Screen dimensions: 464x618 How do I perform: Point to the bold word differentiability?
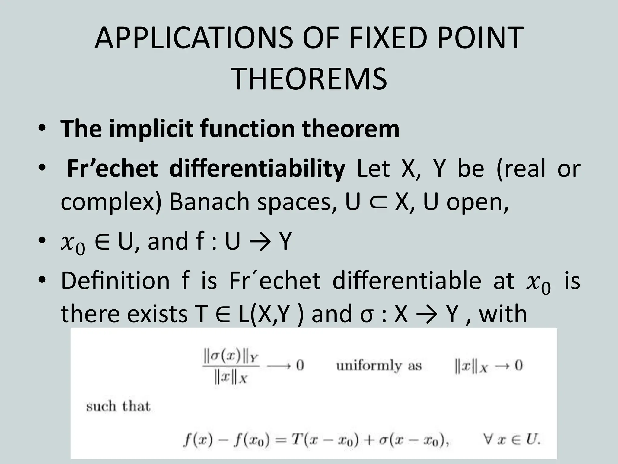click(257, 169)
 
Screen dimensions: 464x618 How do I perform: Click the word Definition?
click(115, 281)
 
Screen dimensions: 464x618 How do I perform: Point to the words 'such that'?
click(118, 406)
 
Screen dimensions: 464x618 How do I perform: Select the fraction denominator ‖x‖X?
click(230, 378)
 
